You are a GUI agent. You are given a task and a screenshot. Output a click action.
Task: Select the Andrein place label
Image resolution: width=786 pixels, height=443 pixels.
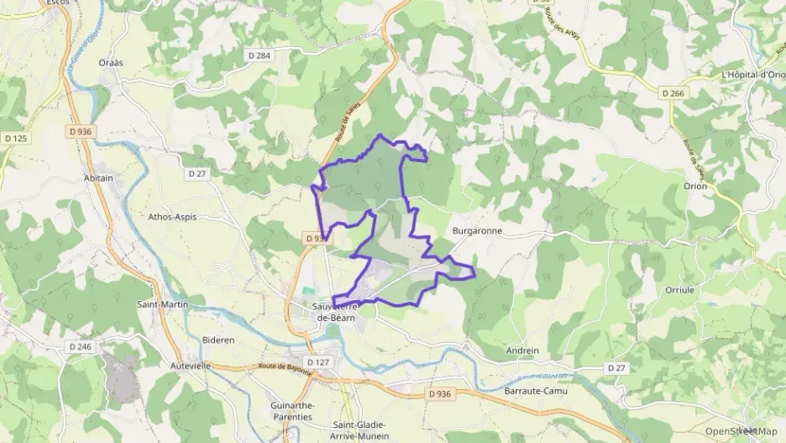(x=522, y=351)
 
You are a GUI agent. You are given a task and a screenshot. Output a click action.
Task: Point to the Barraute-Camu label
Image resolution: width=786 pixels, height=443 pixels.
(x=536, y=392)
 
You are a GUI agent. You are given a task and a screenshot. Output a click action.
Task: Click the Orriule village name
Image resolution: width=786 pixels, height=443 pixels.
(x=679, y=289)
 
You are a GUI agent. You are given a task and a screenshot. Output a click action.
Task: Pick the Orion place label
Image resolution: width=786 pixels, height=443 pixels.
(x=695, y=187)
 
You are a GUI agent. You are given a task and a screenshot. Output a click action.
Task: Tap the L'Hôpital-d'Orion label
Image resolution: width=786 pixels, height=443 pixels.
(x=753, y=75)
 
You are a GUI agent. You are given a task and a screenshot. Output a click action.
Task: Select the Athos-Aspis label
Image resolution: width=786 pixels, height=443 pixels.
(x=172, y=216)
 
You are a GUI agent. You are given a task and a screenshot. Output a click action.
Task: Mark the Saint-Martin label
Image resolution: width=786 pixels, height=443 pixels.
(x=163, y=304)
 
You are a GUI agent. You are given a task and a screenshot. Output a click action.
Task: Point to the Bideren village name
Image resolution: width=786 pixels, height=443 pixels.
(x=219, y=340)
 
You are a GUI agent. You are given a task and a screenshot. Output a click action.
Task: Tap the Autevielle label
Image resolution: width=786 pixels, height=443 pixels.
(x=189, y=367)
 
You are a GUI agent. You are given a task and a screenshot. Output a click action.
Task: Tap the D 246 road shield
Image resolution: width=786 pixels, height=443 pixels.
(x=81, y=346)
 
